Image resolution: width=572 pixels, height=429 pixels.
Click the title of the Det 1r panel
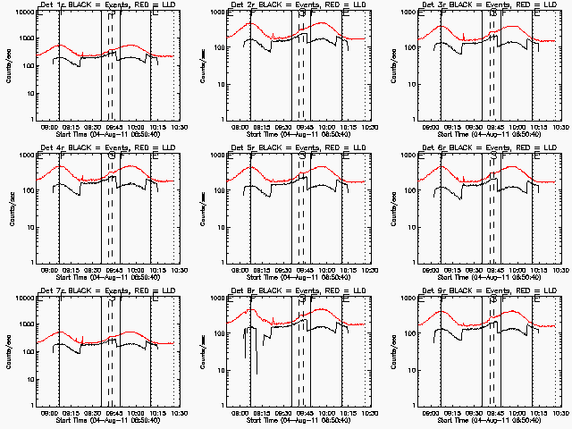click(108, 5)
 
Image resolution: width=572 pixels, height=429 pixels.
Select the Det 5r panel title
click(299, 148)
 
